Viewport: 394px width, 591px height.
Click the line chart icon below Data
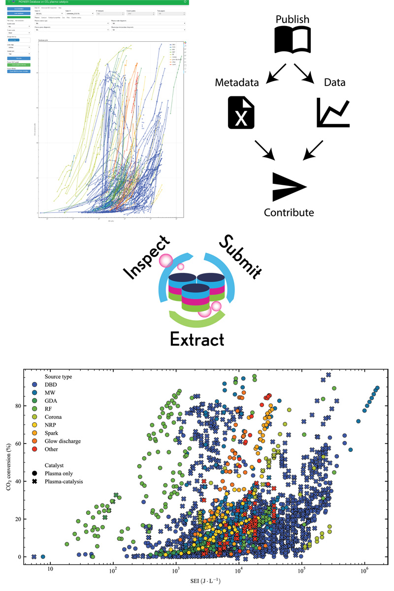[x=333, y=112]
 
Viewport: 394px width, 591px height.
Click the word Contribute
[x=289, y=212]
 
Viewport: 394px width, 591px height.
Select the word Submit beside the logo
[x=241, y=255]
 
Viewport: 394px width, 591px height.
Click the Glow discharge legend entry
[x=62, y=441]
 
